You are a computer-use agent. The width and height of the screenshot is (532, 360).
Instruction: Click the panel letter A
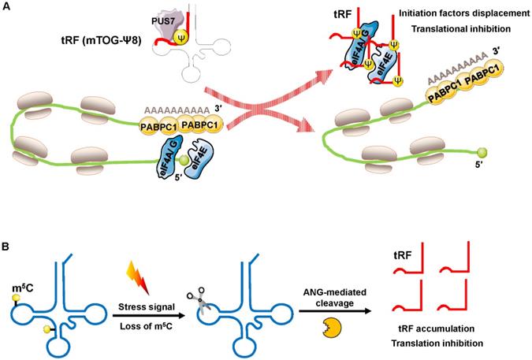(x=7, y=6)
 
